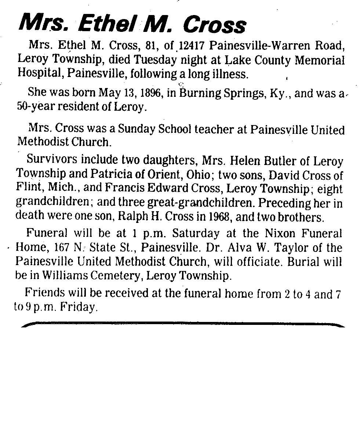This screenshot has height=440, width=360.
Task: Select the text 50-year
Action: [34, 107]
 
